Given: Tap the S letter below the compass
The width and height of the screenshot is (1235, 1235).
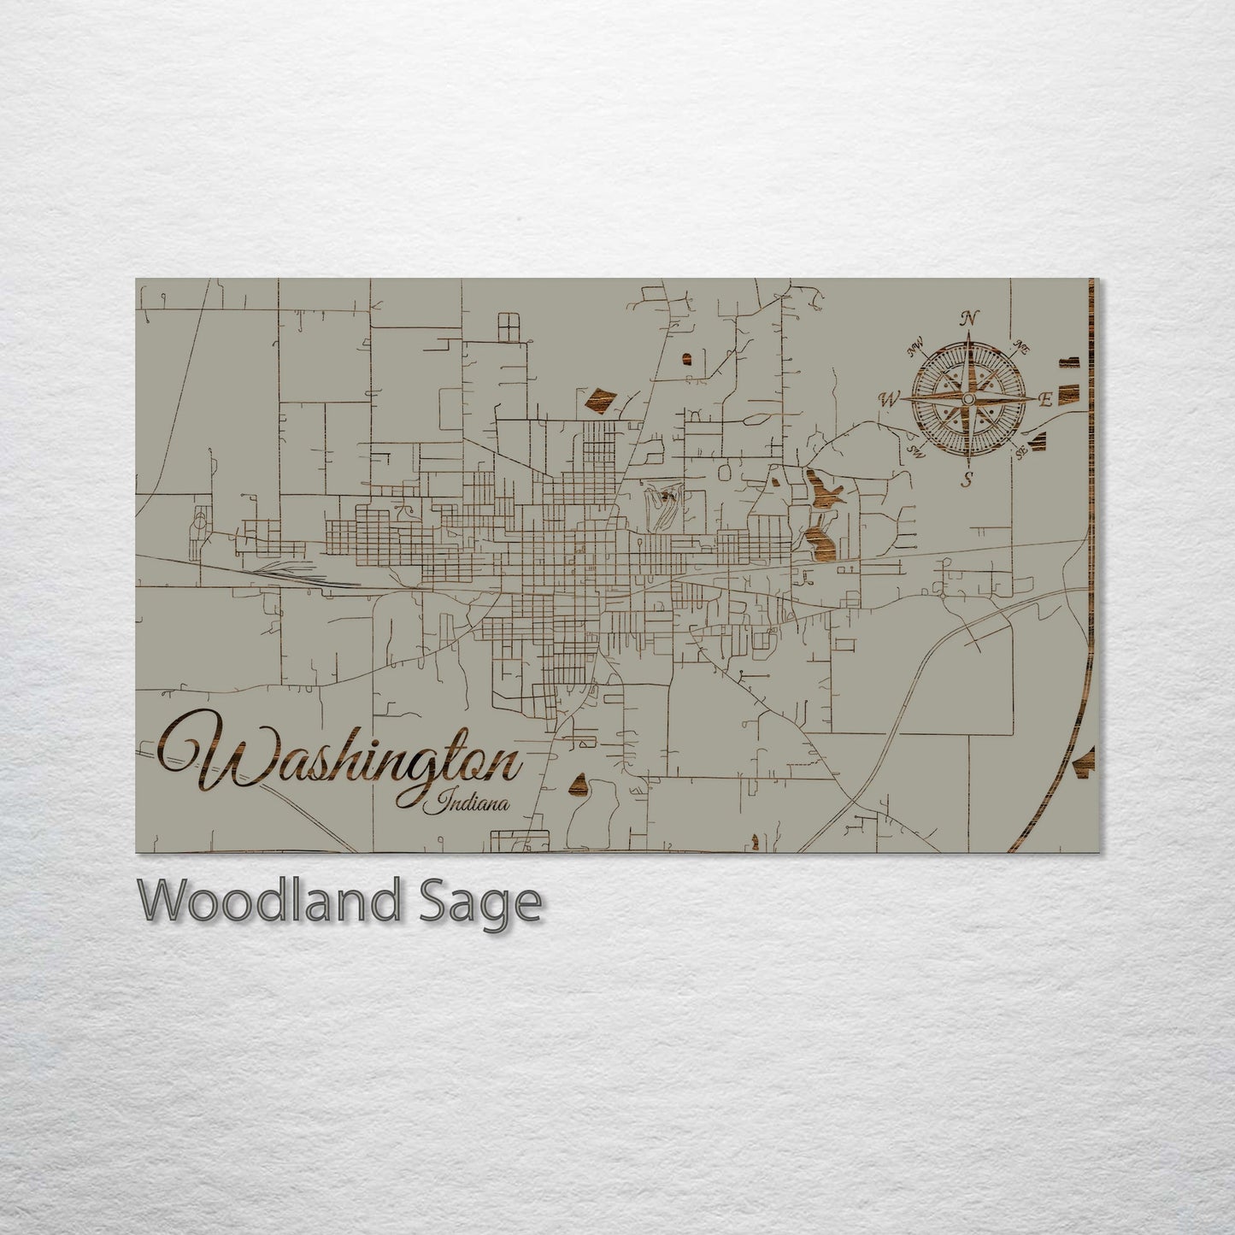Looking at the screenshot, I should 967,479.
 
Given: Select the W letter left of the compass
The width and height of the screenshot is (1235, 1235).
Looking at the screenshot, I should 890,398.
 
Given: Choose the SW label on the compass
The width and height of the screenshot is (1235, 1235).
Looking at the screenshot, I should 916,450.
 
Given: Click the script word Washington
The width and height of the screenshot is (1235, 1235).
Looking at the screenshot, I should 342,756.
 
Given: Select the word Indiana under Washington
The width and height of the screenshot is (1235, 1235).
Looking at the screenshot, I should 471,803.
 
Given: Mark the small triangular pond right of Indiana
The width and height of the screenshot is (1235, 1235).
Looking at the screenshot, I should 579,784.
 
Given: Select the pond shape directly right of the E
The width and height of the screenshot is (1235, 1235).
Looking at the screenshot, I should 1068,393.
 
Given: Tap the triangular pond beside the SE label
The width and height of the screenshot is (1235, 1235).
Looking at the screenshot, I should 1038,439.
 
